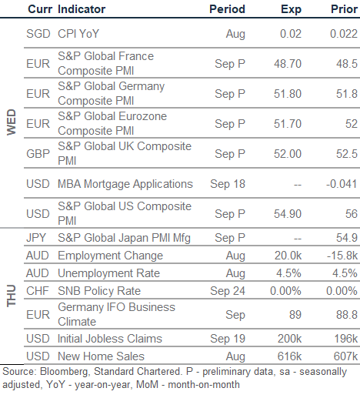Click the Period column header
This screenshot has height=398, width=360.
point(227,9)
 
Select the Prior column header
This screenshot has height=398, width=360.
point(344,9)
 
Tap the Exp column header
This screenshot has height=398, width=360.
point(291,10)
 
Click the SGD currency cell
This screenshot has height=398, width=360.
point(38,34)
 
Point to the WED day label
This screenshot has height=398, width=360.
point(12,122)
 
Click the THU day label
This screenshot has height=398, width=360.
point(12,296)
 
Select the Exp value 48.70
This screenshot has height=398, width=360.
point(288,64)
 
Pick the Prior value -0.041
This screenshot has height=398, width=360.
point(342,184)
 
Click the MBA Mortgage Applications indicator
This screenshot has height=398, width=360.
point(125,185)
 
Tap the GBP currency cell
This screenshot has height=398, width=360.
point(38,154)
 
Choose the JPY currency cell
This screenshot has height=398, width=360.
point(36,238)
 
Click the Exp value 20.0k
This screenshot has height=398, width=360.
point(288,256)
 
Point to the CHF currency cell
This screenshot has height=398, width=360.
point(38,291)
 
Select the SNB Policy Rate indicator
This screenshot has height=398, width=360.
point(99,291)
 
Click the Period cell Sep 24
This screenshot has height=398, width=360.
point(228,291)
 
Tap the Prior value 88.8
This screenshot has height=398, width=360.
point(347,315)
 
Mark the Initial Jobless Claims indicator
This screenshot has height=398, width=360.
point(110,339)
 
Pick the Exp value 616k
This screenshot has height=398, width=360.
point(289,356)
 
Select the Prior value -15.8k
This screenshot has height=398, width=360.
point(342,256)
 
